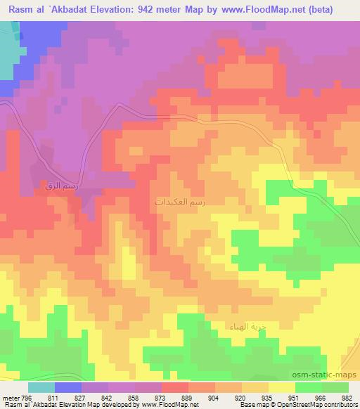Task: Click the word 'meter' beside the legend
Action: coord(10,397)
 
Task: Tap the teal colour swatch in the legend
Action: coord(41,387)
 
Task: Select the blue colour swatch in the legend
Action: coord(68,387)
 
